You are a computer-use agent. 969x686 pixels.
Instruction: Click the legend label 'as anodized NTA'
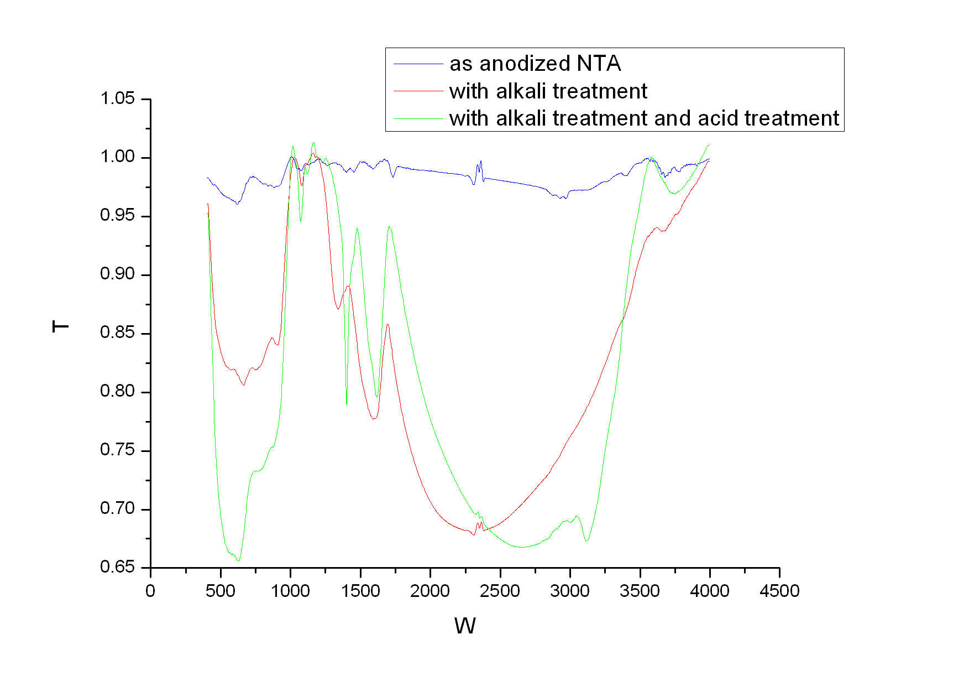pos(535,64)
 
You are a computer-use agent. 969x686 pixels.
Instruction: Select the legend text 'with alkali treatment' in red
pos(547,91)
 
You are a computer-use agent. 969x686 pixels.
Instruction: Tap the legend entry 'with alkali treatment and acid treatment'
pos(643,118)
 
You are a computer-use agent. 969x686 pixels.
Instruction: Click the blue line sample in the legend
pos(418,64)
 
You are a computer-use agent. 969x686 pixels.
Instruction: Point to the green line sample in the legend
pos(418,118)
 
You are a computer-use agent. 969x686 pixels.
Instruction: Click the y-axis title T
pos(60,326)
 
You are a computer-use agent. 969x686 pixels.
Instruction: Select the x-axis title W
pos(465,626)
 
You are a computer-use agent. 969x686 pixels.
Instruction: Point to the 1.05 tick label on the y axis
pos(117,99)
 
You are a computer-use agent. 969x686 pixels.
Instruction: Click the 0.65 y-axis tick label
pos(117,567)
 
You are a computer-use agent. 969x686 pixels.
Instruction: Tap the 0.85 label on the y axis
pos(117,333)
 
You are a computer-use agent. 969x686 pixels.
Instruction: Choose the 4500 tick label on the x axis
pos(779,591)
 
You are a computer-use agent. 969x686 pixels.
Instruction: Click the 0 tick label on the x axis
pos(150,591)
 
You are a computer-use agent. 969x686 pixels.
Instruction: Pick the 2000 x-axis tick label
pos(430,591)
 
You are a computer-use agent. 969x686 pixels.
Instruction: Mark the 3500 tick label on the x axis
pos(640,591)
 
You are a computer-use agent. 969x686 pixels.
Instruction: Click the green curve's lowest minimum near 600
pos(238,560)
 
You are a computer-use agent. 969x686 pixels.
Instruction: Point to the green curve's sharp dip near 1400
pos(347,404)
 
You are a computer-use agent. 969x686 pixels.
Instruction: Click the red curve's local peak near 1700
pos(388,324)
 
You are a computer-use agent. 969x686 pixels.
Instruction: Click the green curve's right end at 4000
pos(709,145)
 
